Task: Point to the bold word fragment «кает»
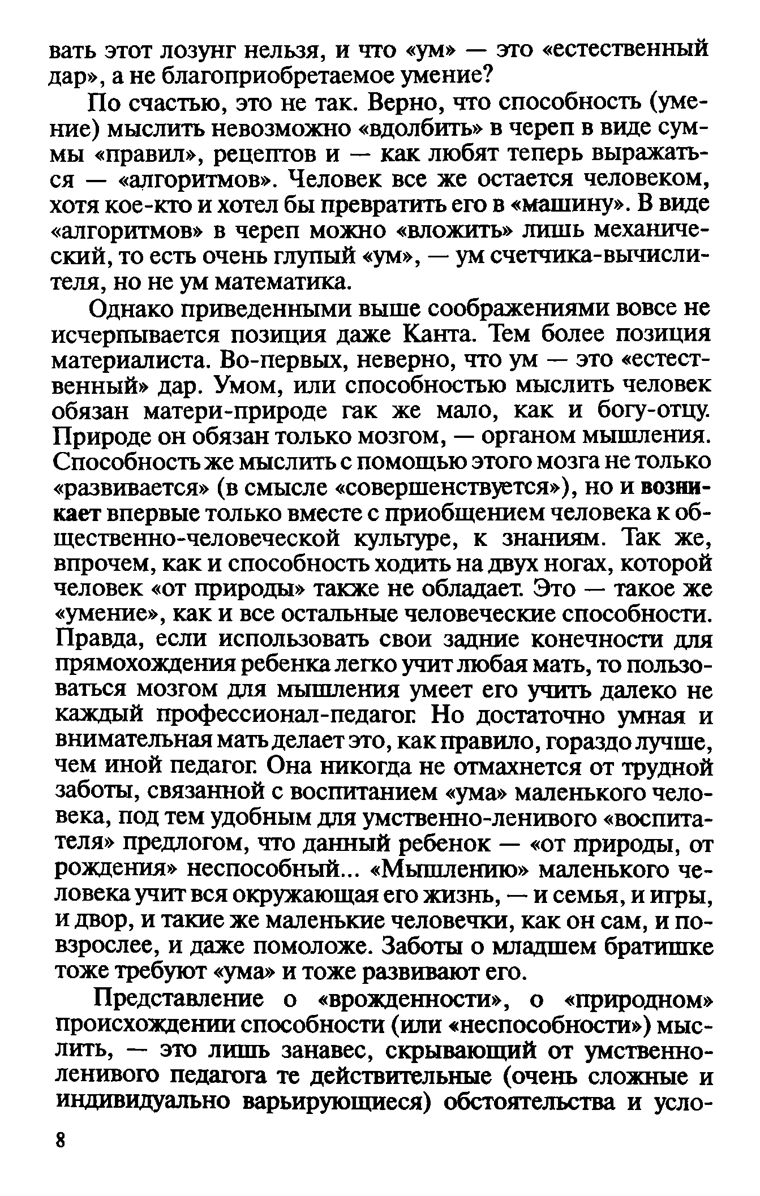coord(76,514)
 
